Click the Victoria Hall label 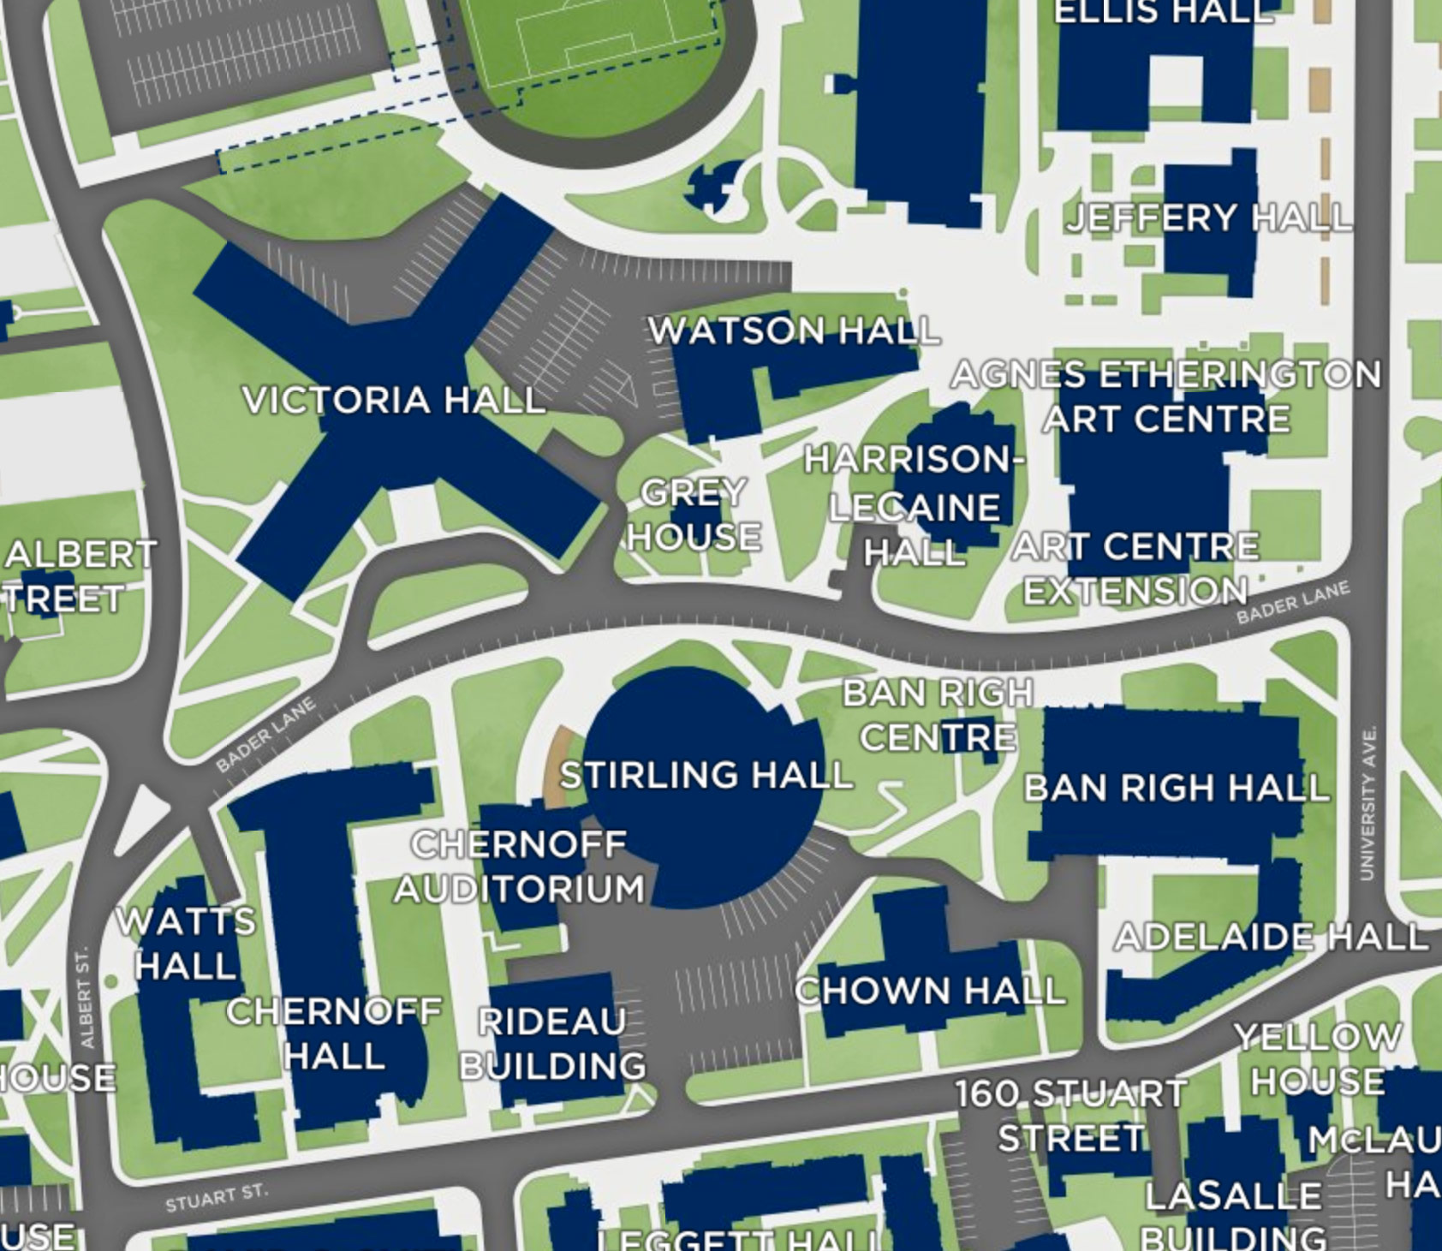pyautogui.click(x=394, y=400)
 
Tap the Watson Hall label pyautogui.click(x=793, y=331)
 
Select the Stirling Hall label pyautogui.click(x=706, y=775)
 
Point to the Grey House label pyautogui.click(x=694, y=515)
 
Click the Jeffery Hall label pyautogui.click(x=1208, y=217)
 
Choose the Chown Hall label pyautogui.click(x=930, y=992)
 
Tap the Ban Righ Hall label pyautogui.click(x=1176, y=788)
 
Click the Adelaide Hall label pyautogui.click(x=1270, y=937)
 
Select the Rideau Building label pyautogui.click(x=552, y=1044)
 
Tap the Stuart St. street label pyautogui.click(x=216, y=1198)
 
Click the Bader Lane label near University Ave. pyautogui.click(x=1293, y=601)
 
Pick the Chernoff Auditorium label pyautogui.click(x=519, y=867)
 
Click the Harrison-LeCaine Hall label pyautogui.click(x=915, y=506)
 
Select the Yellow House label pyautogui.click(x=1318, y=1059)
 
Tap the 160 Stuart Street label pyautogui.click(x=1070, y=1116)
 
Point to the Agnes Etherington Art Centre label pyautogui.click(x=1166, y=396)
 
